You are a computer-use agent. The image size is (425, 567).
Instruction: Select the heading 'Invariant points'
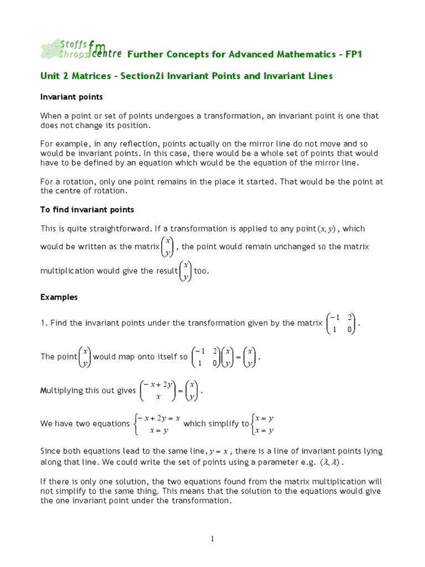[x=71, y=97]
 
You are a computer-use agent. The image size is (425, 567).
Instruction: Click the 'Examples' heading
[x=59, y=297]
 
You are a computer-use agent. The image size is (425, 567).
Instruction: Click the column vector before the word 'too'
[x=186, y=271]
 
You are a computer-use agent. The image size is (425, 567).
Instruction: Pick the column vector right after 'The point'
[x=85, y=357]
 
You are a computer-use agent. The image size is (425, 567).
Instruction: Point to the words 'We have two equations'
[x=85, y=424]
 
